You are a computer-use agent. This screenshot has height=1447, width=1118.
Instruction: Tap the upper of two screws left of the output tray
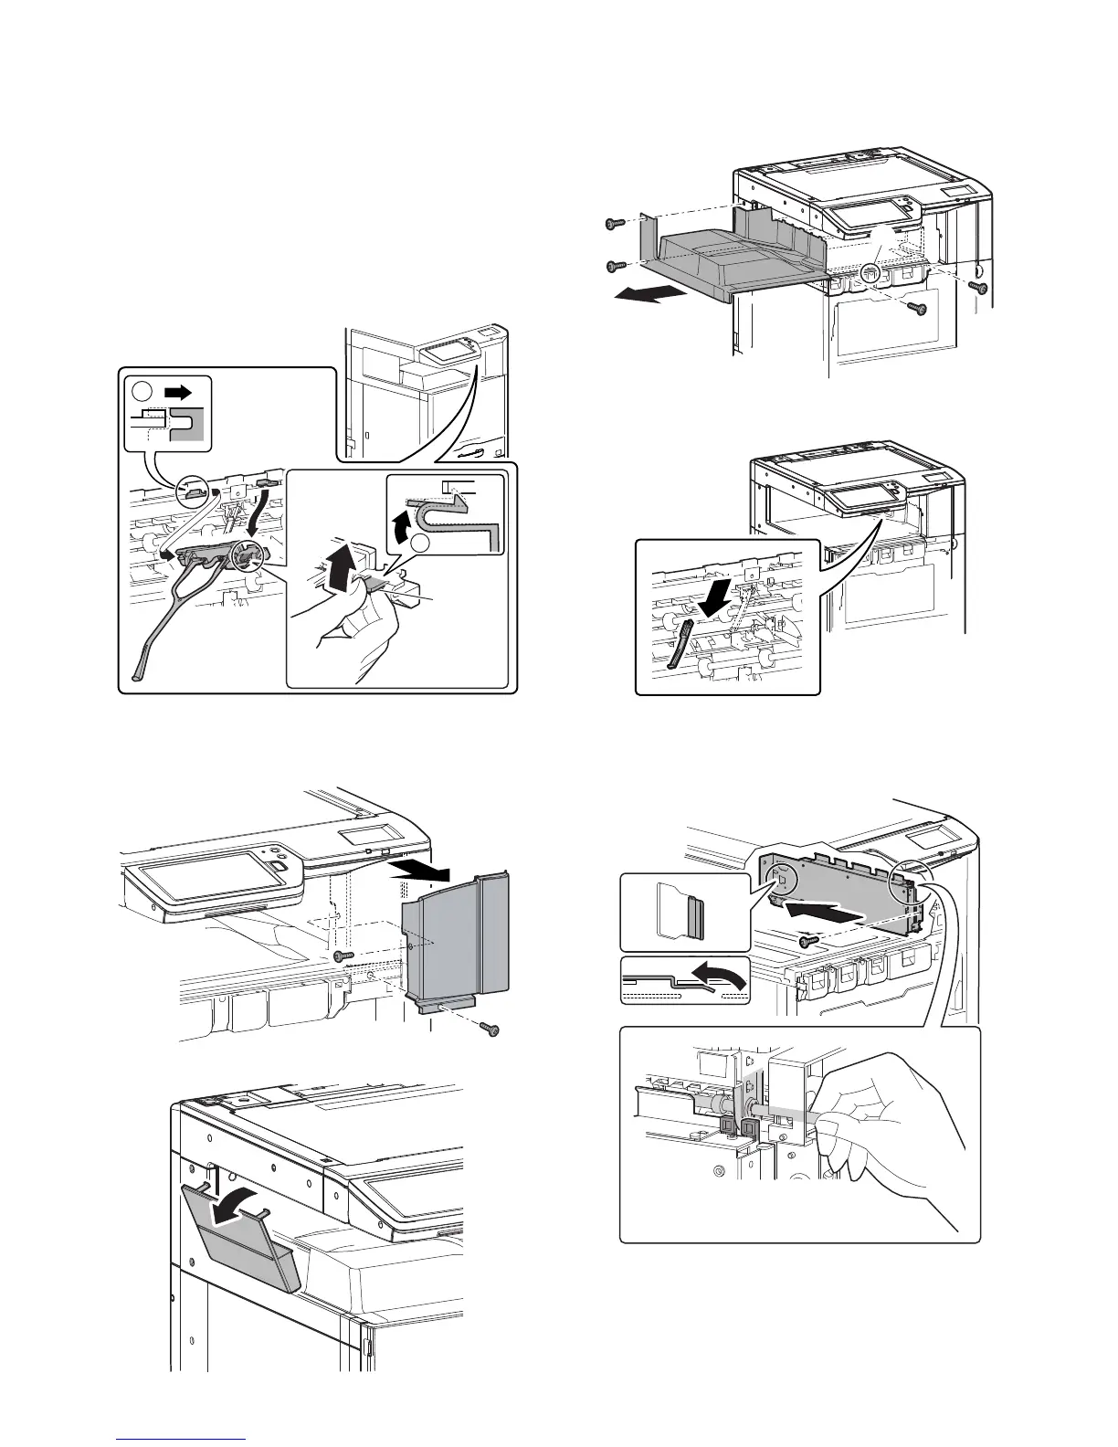click(614, 223)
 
